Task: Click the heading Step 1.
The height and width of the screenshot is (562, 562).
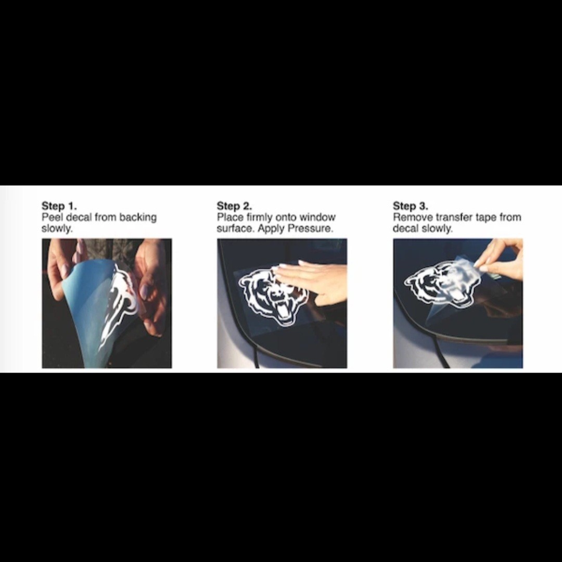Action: pos(59,206)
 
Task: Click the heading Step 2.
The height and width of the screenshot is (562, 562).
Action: pos(234,206)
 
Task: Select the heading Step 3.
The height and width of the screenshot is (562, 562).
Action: pos(411,206)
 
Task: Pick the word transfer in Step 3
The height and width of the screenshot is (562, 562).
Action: pos(454,217)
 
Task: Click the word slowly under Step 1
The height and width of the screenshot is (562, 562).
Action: pos(57,228)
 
